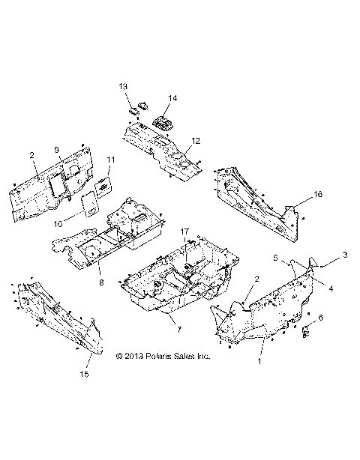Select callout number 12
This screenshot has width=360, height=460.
[x=196, y=141]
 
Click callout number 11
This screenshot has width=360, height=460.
[x=110, y=160]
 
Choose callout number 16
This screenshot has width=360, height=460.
[x=318, y=194]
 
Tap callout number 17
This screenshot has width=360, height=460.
[x=185, y=233]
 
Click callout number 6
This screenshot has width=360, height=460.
[x=322, y=318]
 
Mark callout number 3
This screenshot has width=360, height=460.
[x=345, y=255]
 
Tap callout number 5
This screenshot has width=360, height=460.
[x=275, y=257]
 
